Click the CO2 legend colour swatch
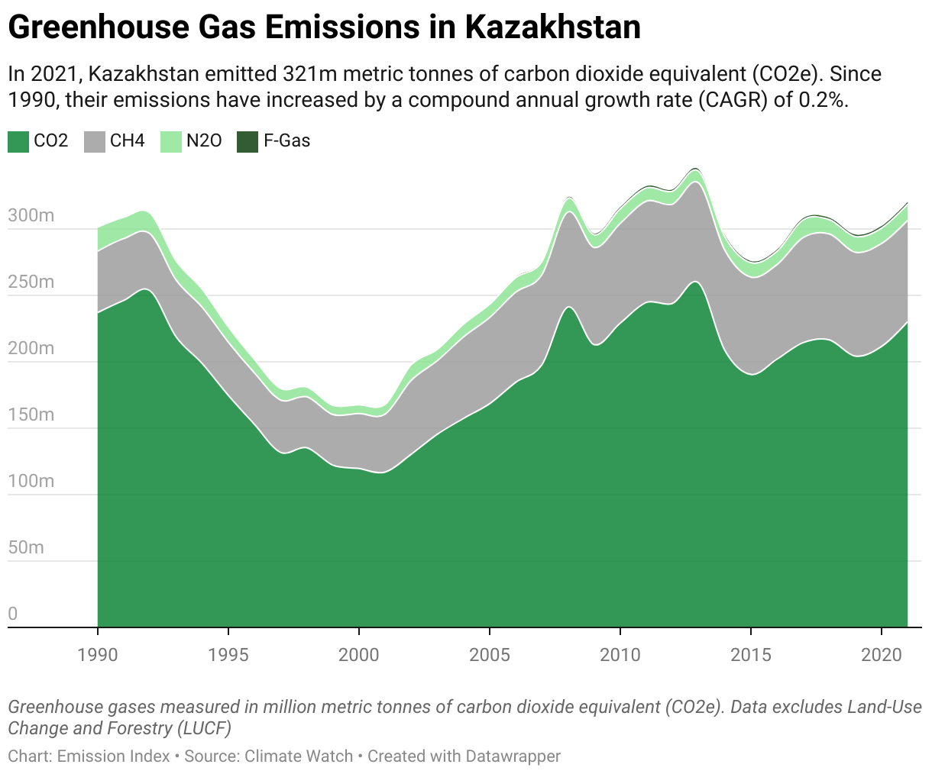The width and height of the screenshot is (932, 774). point(18,141)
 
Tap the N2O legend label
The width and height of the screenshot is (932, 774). point(204,141)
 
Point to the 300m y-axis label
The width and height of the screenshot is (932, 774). point(31,215)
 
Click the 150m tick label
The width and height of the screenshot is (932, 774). point(31,414)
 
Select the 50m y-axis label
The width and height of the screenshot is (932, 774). point(26,547)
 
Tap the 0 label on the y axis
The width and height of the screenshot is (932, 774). point(13,614)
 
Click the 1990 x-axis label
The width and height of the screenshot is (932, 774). point(98,654)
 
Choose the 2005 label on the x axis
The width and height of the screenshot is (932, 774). point(490,654)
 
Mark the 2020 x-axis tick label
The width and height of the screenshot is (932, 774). point(882,654)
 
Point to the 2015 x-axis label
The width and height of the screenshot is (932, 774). point(751,654)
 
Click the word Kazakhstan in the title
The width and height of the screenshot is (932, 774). point(552,27)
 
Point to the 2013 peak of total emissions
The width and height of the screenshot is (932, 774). point(694,169)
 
